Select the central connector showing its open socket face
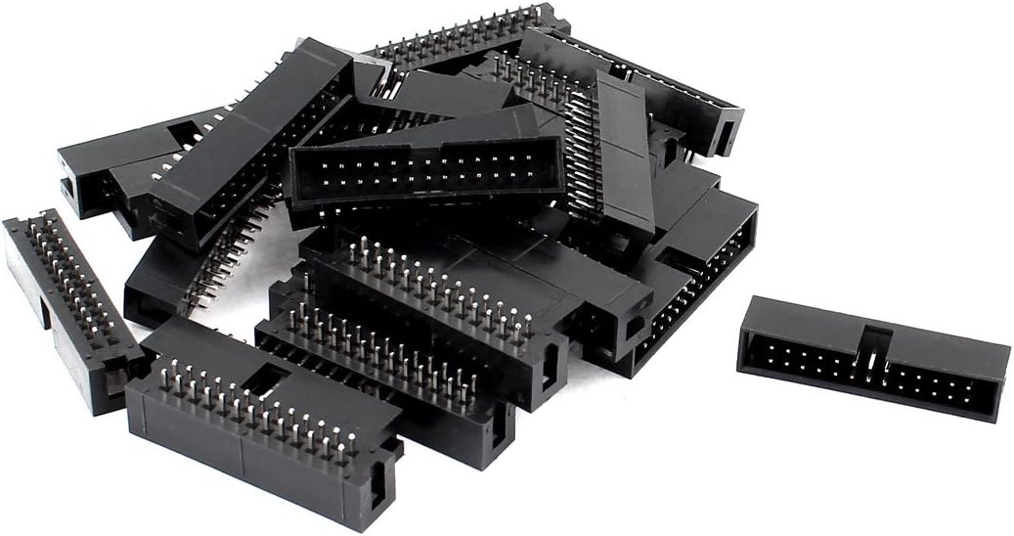(425, 171)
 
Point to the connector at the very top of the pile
(460, 39)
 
